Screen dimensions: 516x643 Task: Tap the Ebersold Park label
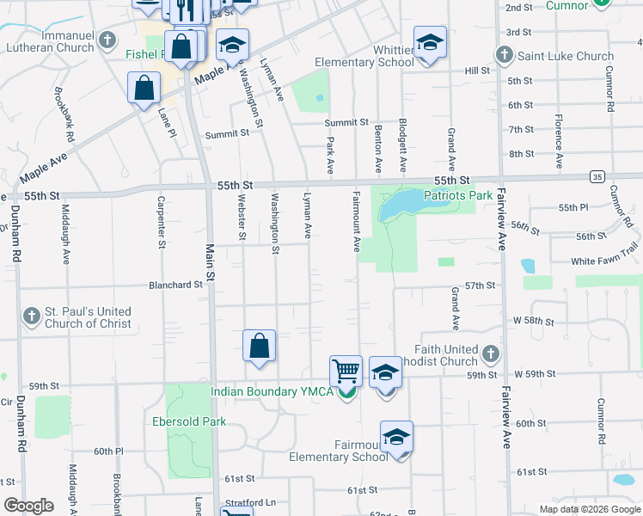pyautogui.click(x=189, y=421)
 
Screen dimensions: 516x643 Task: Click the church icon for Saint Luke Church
pyautogui.click(x=505, y=56)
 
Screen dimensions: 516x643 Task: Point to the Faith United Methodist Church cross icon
pyautogui.click(x=490, y=353)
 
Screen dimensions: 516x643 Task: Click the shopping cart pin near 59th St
pyautogui.click(x=346, y=372)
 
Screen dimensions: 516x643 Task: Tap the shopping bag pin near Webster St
pyautogui.click(x=259, y=347)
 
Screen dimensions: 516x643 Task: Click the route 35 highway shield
pyautogui.click(x=597, y=176)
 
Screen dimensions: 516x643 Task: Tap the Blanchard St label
pyautogui.click(x=175, y=284)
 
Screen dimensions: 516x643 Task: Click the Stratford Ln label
pyautogui.click(x=252, y=502)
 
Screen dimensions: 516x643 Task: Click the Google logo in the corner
pyautogui.click(x=28, y=506)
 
